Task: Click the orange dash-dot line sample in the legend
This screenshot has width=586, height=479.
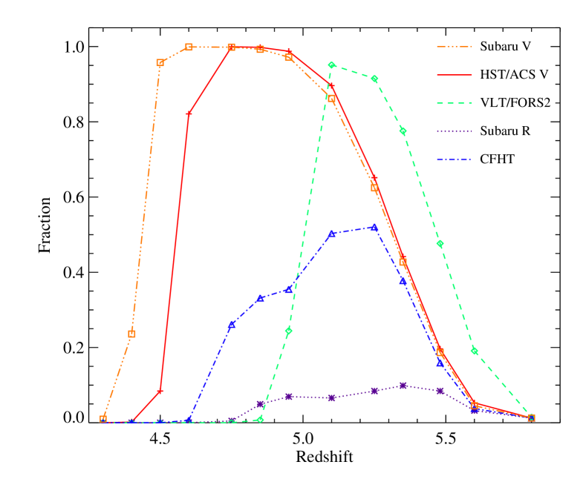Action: pos(454,47)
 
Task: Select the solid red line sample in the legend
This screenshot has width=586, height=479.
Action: pos(454,75)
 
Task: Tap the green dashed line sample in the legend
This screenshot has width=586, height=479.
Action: pos(454,104)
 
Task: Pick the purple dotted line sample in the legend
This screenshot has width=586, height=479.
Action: pos(454,132)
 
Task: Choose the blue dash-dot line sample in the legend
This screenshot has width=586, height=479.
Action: pos(454,160)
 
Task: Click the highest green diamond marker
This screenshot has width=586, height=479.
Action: pos(331,65)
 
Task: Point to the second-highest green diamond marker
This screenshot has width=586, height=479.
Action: pos(374,79)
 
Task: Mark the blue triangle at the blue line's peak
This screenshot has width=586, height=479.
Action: pos(374,228)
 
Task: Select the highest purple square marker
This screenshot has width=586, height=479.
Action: pos(403,386)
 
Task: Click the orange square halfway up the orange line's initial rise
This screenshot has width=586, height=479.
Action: pos(131,334)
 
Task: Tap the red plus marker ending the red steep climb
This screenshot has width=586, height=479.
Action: pos(189,113)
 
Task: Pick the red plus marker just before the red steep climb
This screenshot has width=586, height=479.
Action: pos(160,391)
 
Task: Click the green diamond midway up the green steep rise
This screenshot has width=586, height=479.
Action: pos(288,331)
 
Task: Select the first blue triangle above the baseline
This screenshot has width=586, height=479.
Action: pos(231,325)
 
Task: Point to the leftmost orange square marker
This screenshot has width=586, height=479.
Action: pos(103,419)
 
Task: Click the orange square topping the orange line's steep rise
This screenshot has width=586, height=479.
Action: pos(160,63)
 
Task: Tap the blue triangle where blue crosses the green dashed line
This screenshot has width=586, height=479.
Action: pos(288,289)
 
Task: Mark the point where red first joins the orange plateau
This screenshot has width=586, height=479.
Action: pos(231,47)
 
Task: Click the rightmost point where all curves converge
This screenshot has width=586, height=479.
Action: pos(531,417)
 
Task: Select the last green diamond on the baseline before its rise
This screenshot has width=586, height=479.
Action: pos(260,419)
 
